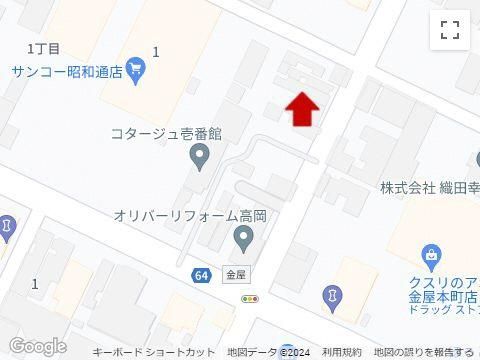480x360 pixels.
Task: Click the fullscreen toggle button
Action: (450, 30)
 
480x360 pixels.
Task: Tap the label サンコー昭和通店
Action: (68, 71)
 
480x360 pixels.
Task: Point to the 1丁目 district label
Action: (44, 48)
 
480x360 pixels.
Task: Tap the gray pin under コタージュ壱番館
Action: (199, 157)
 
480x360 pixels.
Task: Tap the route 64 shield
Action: (201, 274)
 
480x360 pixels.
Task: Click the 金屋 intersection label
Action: (236, 273)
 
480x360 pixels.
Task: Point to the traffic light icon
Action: (250, 298)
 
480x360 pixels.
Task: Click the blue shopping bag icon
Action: (430, 257)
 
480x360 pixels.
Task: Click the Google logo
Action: (37, 346)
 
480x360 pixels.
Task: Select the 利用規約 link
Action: (342, 353)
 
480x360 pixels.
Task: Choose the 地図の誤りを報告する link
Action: (422, 353)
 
